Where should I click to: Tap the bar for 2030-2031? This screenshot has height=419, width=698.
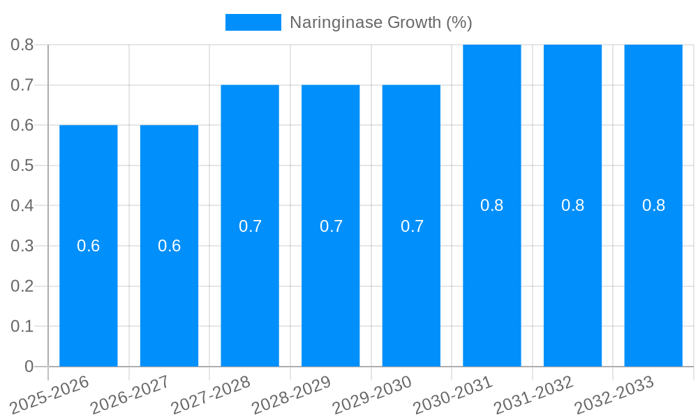[492, 279]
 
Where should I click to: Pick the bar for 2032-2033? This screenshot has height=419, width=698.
[653, 279]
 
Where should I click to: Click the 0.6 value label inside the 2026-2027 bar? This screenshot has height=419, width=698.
[169, 246]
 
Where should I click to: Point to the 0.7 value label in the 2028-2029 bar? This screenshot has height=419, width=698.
[331, 226]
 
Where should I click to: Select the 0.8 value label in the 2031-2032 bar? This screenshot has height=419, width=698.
[573, 205]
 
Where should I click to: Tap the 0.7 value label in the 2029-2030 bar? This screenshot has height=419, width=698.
[412, 226]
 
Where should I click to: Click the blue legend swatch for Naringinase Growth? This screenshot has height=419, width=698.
[253, 22]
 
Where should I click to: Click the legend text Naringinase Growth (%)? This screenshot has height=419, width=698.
[380, 22]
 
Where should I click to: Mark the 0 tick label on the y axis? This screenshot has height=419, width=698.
[29, 367]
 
